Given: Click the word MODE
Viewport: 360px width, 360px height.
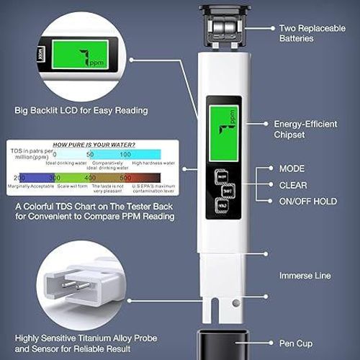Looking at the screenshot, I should tap(292, 168).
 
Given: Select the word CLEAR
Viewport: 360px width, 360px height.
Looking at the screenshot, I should tap(294, 184).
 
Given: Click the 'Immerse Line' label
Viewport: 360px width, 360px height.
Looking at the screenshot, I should tap(305, 275).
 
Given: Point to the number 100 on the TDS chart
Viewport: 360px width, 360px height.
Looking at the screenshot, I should tap(125, 154).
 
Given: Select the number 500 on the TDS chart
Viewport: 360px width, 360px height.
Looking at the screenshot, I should tap(125, 177).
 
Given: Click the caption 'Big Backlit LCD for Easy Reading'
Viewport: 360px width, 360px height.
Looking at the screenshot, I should tap(81, 111).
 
